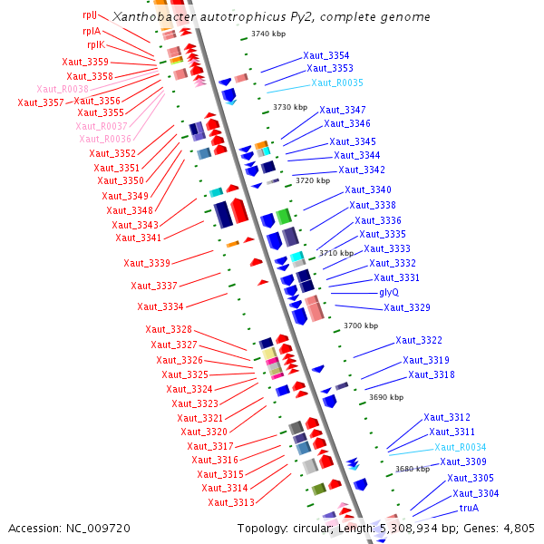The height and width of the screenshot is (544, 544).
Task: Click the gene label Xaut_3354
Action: (x=326, y=55)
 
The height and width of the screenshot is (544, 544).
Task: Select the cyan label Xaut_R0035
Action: (x=336, y=83)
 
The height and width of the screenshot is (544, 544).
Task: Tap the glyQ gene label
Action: (x=389, y=292)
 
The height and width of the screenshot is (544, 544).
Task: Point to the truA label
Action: (x=468, y=508)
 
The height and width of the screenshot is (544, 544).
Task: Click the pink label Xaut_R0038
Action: (x=63, y=89)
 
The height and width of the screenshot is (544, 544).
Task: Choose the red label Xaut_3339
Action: (x=147, y=263)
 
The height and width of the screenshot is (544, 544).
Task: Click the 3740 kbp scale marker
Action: (x=268, y=34)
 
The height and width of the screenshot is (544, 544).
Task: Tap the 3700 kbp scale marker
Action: (x=359, y=325)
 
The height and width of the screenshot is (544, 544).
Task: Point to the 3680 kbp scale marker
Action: (x=412, y=469)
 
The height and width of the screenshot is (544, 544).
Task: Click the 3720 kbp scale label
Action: (x=312, y=180)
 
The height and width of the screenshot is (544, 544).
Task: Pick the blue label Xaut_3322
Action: (x=418, y=340)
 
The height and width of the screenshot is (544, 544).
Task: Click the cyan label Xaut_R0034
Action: (x=460, y=447)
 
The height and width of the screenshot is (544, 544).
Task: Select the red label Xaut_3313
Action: (x=230, y=502)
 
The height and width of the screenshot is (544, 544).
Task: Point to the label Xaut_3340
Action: (x=367, y=189)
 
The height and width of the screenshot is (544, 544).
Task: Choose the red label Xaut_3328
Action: (x=169, y=329)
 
